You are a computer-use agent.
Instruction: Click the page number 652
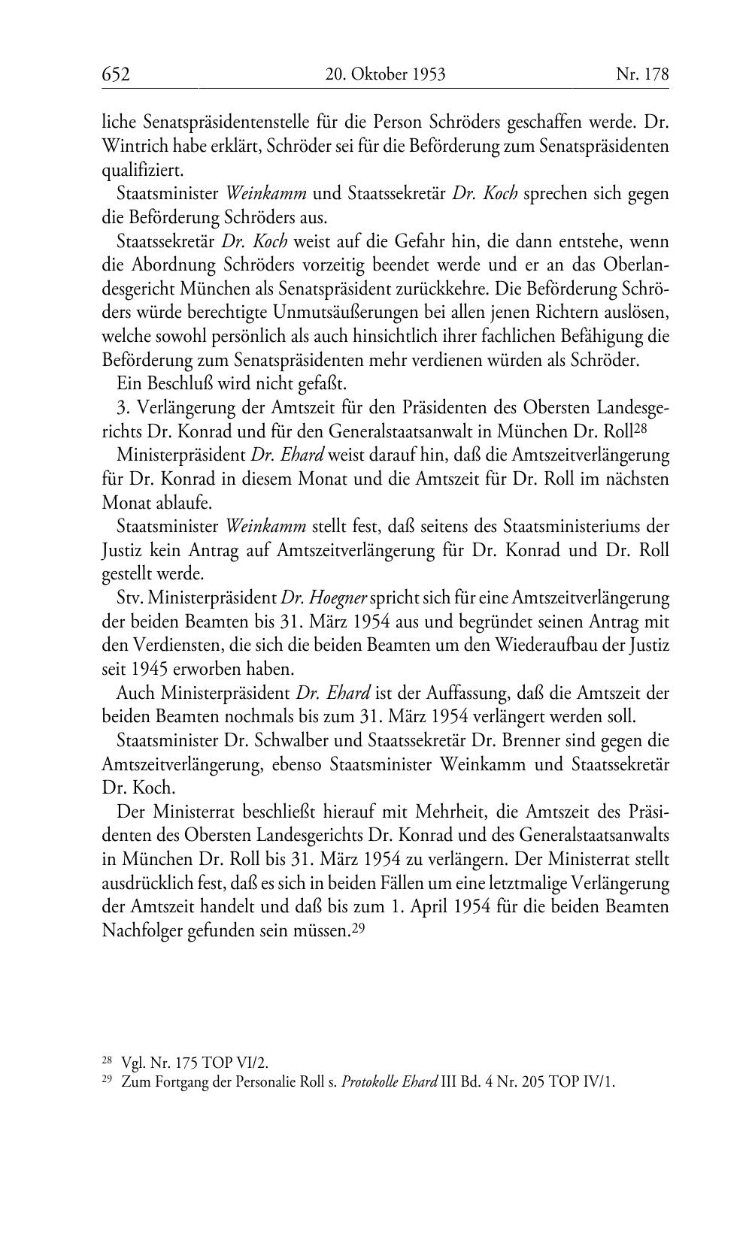pos(117,74)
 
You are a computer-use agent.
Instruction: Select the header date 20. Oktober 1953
pos(386,74)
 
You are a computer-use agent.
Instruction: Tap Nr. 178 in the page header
pos(641,74)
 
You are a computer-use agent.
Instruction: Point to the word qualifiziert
pos(141,170)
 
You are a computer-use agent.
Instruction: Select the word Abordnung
pos(179,265)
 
